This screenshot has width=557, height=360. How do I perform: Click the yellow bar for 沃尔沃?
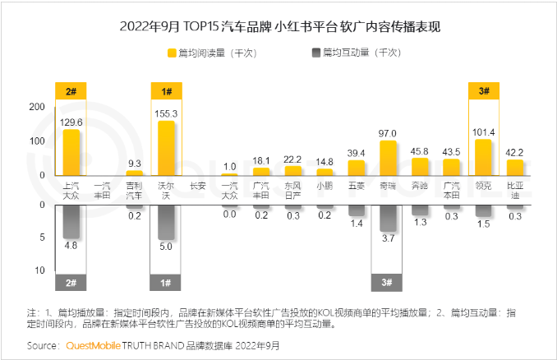pos(166,148)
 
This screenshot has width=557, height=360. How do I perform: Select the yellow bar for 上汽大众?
pos(71,152)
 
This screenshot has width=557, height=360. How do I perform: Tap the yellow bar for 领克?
pos(483,157)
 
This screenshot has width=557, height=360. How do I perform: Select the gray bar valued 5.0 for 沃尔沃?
pos(166,223)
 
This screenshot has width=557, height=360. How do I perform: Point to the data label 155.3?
pos(166,113)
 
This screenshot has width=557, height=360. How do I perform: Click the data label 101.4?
pos(483,132)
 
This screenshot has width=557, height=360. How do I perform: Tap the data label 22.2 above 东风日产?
pos(292,159)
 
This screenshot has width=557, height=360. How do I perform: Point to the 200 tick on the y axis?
pos(36,107)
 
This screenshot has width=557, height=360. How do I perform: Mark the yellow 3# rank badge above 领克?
pos(483,91)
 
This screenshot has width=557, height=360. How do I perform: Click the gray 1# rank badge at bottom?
pos(166,283)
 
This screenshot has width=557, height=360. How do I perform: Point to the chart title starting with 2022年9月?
pos(279,26)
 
